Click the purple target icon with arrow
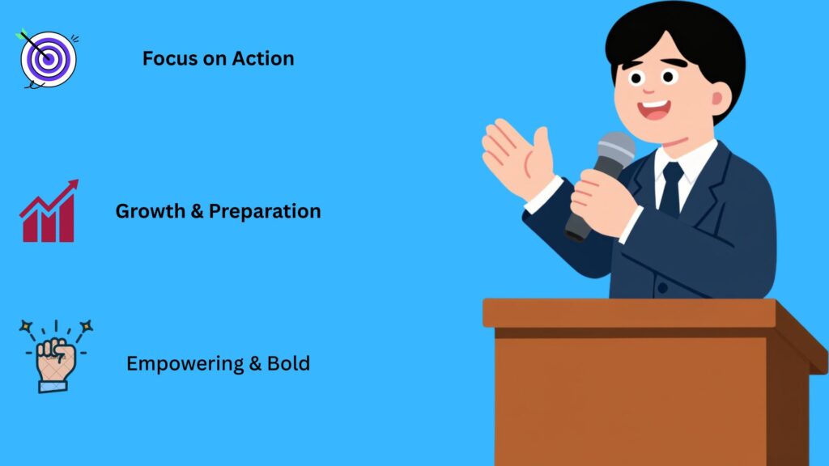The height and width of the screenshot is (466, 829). pyautogui.click(x=48, y=59)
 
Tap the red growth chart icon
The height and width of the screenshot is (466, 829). pyautogui.click(x=49, y=213)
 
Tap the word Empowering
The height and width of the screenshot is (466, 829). pyautogui.click(x=184, y=364)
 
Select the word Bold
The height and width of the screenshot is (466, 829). pyautogui.click(x=290, y=364)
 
